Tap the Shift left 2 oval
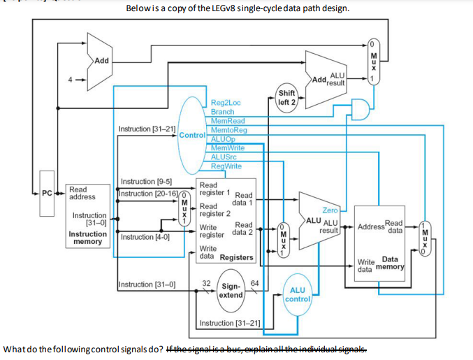[x=286, y=97]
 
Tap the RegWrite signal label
[x=226, y=166]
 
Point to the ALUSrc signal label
[x=224, y=157]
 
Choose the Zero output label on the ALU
[x=330, y=210]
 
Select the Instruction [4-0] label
[x=142, y=237]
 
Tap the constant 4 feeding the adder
[x=70, y=79]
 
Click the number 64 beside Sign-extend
[x=254, y=283]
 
